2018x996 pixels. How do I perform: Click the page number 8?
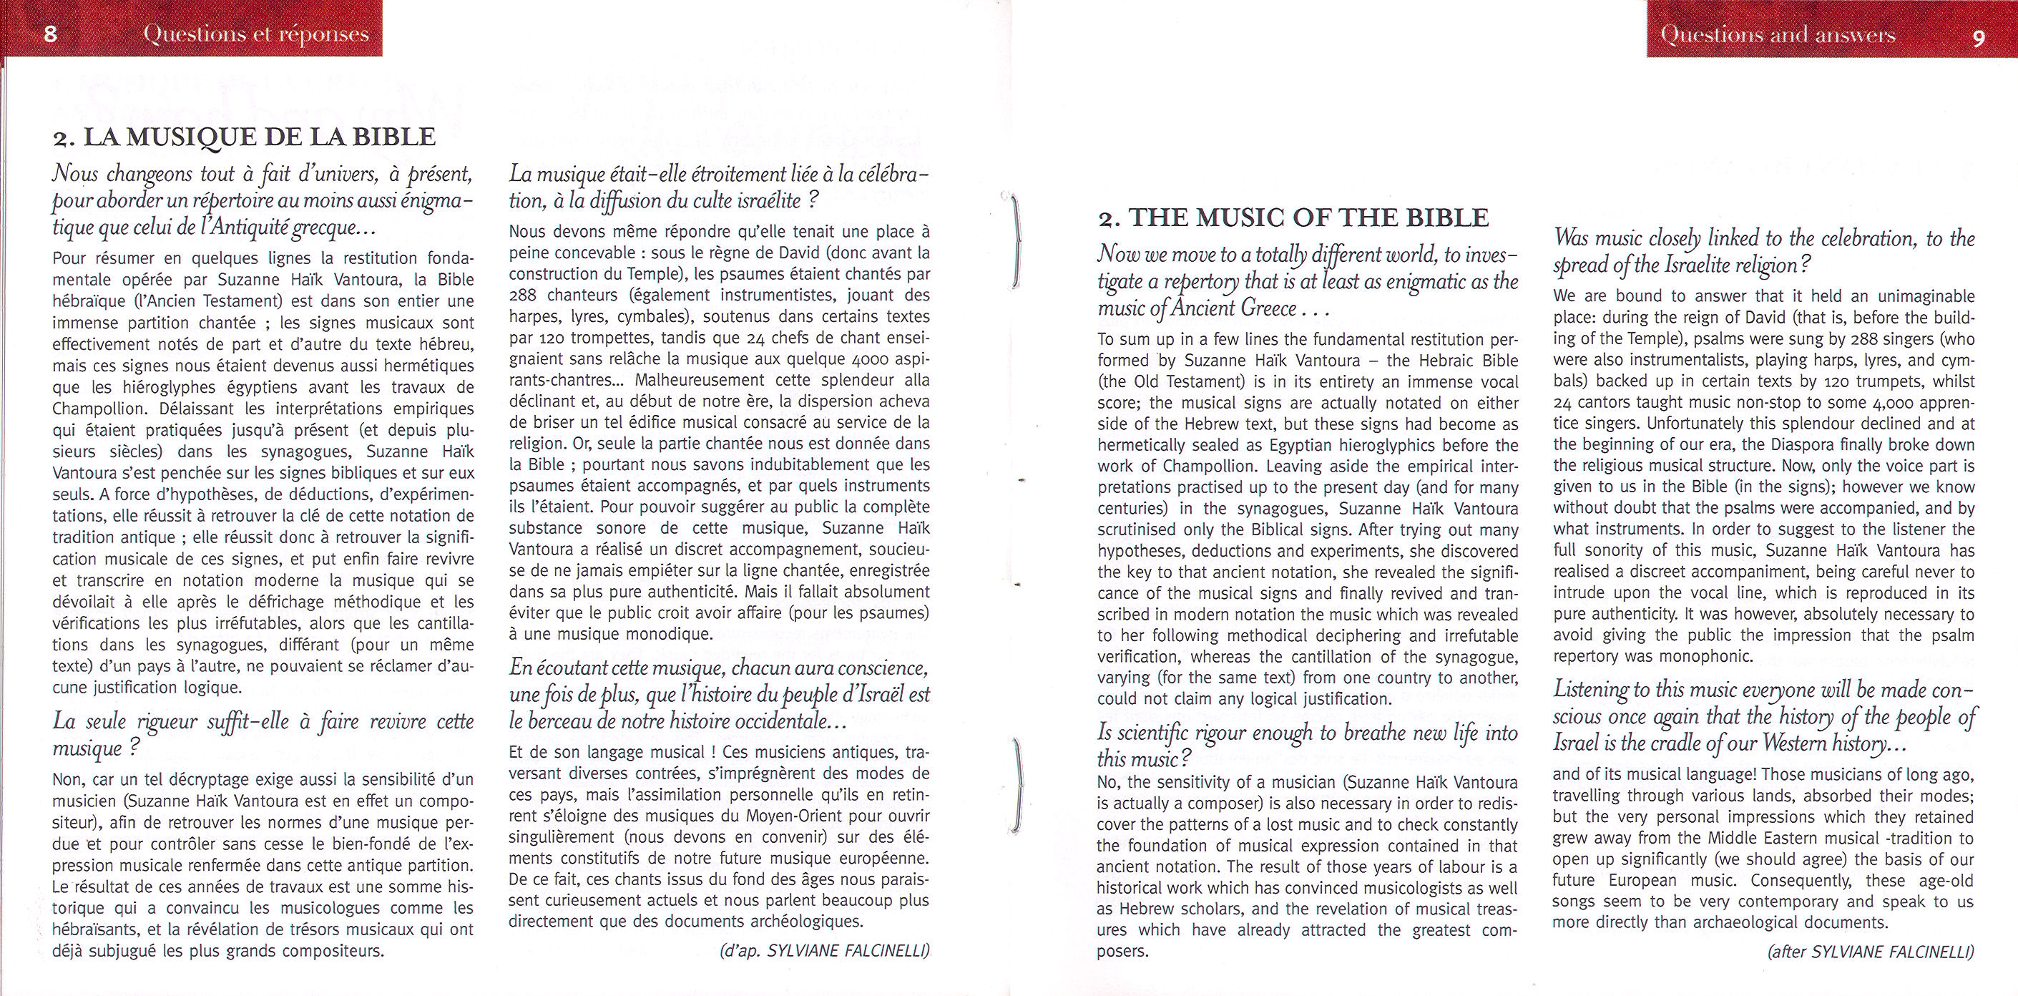click(50, 34)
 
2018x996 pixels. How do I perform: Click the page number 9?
click(1979, 36)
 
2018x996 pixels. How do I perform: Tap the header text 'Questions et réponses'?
click(256, 34)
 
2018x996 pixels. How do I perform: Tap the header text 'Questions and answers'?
click(1778, 34)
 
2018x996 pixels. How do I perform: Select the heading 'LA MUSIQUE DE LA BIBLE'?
click(258, 137)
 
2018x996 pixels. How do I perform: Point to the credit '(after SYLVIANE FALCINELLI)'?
click(1871, 952)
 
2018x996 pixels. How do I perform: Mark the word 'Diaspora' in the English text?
click(1796, 445)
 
